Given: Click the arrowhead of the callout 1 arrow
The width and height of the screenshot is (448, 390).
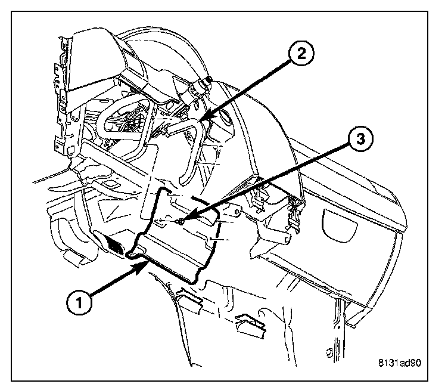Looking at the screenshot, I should [142, 268].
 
